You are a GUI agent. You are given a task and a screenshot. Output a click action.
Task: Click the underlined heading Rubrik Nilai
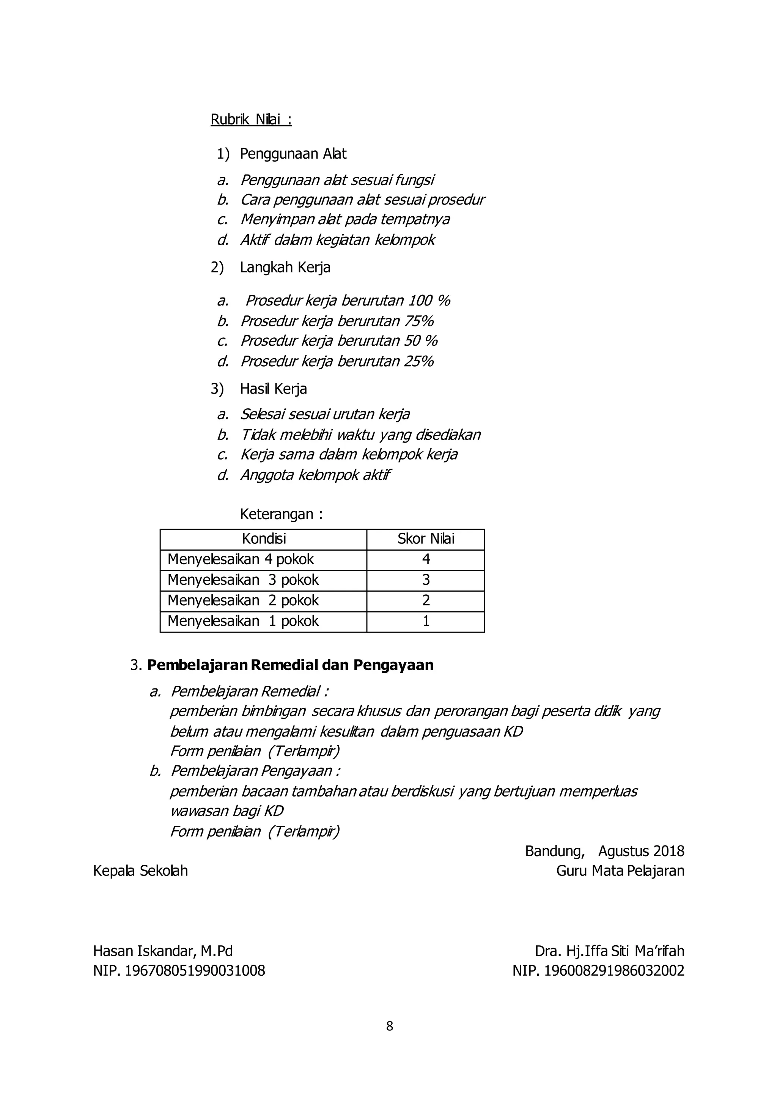(x=251, y=119)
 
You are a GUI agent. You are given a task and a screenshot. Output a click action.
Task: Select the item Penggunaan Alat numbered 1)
(x=293, y=154)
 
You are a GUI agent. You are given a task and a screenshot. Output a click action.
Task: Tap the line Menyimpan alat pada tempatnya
(x=344, y=219)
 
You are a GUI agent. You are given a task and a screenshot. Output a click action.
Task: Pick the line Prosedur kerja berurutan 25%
(x=337, y=361)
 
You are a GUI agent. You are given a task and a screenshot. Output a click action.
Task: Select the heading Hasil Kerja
(x=273, y=389)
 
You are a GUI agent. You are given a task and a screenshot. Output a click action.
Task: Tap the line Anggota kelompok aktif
(x=315, y=475)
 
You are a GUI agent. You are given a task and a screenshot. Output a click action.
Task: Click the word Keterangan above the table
(x=277, y=515)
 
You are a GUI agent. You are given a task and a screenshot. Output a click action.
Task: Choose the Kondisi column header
(x=264, y=539)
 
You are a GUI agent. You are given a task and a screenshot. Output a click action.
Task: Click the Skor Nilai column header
(x=425, y=539)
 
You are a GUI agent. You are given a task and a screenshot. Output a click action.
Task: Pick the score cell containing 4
(x=425, y=559)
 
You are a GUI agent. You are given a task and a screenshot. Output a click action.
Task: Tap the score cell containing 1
(x=425, y=621)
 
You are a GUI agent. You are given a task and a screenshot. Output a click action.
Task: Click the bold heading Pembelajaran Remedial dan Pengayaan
(x=290, y=665)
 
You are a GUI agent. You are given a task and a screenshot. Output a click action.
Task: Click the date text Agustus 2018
(x=641, y=851)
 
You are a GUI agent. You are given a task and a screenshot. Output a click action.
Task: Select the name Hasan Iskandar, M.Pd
(x=163, y=951)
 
